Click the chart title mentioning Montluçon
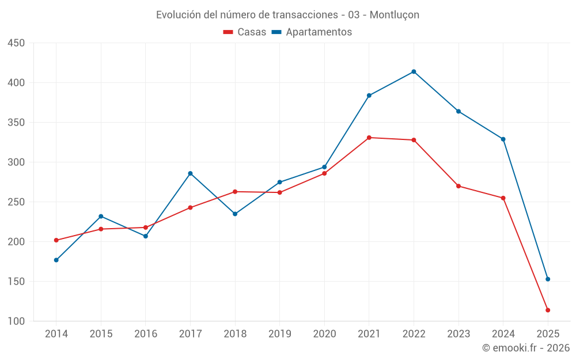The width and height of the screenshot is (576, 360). pos(287,14)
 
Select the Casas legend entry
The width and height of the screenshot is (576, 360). pos(245,32)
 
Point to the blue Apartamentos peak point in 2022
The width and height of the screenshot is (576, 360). pos(414,71)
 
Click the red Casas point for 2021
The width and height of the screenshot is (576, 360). pos(369,138)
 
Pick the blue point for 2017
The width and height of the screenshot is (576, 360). pos(190,173)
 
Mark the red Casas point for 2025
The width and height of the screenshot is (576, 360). pos(548,310)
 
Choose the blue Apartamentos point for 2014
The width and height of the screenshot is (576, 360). pos(56,260)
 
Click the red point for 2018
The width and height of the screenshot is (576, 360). pos(235,192)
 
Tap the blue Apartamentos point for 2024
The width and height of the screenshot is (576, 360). pos(503,139)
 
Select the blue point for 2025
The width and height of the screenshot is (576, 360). pos(548,279)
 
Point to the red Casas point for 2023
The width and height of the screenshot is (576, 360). pos(458,186)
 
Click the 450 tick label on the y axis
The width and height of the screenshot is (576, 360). pos(16,43)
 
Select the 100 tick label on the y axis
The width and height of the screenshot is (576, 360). pos(16,321)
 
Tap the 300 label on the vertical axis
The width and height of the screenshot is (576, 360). pos(16,162)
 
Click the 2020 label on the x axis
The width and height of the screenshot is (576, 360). pos(324,334)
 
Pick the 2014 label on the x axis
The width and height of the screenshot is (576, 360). pos(56,334)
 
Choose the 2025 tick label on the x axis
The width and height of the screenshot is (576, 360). pos(548,334)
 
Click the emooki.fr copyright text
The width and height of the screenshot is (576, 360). pos(525,348)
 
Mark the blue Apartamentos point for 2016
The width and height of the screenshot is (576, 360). pos(145,236)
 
